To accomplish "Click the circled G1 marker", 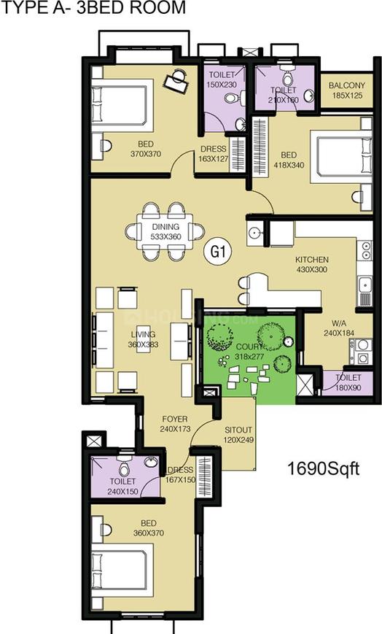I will tap(217, 251).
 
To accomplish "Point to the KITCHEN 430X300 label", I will tap(311, 265).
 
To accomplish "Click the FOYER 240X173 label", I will tap(175, 425).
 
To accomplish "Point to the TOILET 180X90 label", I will tap(348, 383).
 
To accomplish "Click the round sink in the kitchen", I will tap(254, 234).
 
